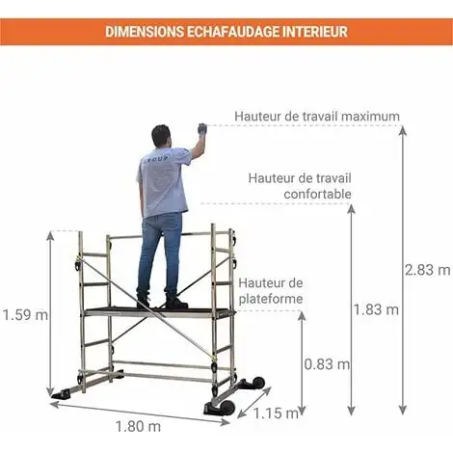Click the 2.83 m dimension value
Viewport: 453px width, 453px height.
(427, 270)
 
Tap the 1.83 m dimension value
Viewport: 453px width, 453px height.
(376, 309)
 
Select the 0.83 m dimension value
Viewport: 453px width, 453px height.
(327, 364)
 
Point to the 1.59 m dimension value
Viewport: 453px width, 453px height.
(25, 315)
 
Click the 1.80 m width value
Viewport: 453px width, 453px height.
(138, 426)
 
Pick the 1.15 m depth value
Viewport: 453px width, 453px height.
(277, 413)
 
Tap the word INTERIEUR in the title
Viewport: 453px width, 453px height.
(315, 32)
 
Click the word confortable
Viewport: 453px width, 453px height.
(317, 194)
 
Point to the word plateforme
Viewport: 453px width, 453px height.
(271, 299)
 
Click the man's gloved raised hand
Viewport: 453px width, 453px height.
(202, 129)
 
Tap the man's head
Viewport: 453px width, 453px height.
(162, 136)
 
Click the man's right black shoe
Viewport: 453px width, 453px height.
(176, 303)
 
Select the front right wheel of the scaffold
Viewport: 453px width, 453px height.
(226, 407)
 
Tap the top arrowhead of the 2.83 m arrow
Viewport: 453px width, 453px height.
(403, 131)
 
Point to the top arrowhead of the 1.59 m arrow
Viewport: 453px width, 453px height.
(50, 236)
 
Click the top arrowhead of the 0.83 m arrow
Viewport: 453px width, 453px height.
(302, 316)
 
